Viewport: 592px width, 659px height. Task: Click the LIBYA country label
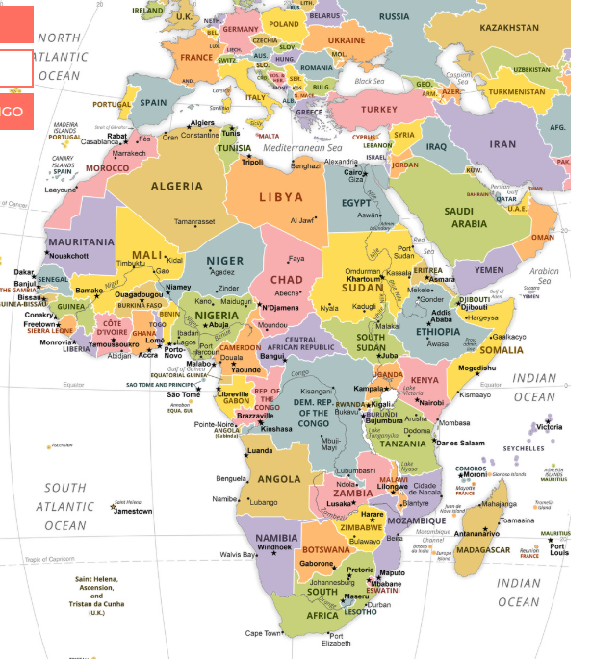click(281, 197)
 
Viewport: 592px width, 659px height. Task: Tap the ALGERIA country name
click(176, 186)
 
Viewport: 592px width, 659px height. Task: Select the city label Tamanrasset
click(194, 221)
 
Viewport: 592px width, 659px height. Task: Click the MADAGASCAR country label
click(482, 549)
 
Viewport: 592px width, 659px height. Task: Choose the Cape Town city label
click(263, 633)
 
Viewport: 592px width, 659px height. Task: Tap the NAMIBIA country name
click(277, 537)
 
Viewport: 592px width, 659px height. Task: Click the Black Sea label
click(370, 81)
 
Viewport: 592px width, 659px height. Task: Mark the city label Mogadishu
click(477, 368)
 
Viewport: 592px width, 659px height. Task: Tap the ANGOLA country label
click(282, 479)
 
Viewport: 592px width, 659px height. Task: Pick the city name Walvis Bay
click(237, 555)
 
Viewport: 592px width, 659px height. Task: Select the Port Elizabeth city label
click(336, 640)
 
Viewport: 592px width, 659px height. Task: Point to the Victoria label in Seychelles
click(550, 426)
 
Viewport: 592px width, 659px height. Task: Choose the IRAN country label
click(503, 143)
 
